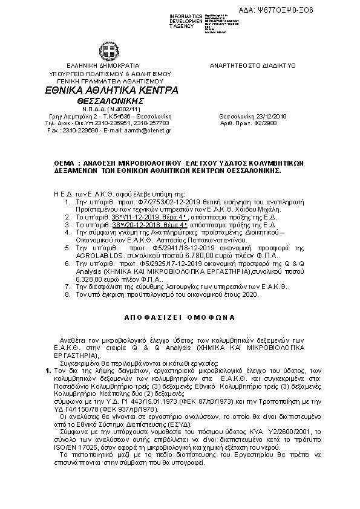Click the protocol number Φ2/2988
pos(265,123)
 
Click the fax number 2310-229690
pos(75,130)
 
